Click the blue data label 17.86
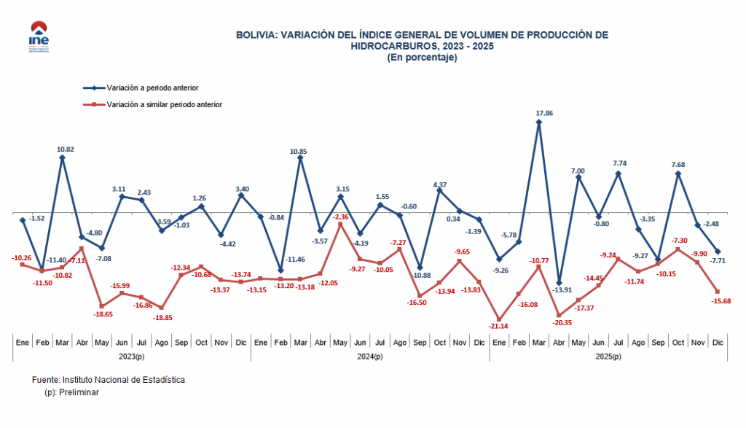coord(538,113)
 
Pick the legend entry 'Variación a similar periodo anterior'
coord(164,104)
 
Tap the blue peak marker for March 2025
coord(538,122)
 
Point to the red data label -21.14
coord(498,327)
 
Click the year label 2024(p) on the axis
coord(369,356)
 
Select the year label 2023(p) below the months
coord(131,356)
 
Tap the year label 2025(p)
coord(608,356)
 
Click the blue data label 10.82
coord(66,149)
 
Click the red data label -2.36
coord(340,217)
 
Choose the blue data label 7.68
coord(678,164)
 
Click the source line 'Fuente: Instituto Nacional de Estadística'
coord(109,380)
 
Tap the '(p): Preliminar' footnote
coord(71,392)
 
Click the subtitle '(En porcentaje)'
coord(422,57)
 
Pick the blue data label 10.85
coord(299,151)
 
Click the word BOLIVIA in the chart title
coord(256,34)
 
